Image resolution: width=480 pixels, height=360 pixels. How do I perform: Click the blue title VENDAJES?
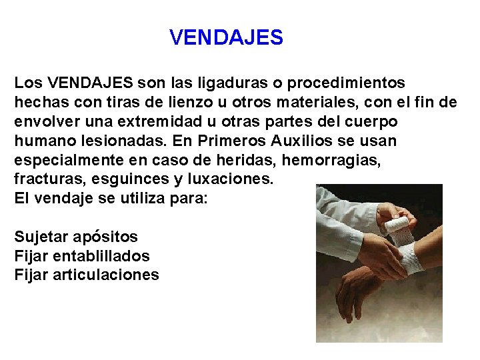pos(226,37)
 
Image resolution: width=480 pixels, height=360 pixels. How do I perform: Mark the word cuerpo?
pos(373,122)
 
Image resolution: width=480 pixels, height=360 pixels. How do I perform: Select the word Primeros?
pos(221,141)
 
